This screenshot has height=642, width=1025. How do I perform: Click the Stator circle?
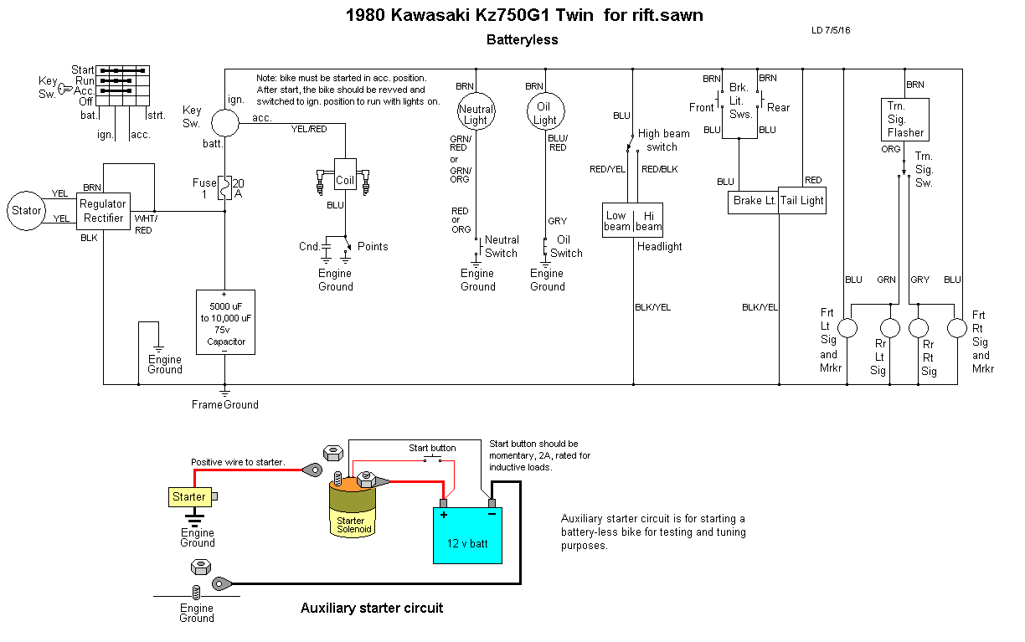point(27,211)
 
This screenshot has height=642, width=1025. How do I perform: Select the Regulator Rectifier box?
point(102,211)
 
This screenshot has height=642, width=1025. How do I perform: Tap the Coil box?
point(345,179)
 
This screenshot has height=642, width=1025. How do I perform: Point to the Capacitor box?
point(224,322)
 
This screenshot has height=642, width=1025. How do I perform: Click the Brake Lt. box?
point(753,200)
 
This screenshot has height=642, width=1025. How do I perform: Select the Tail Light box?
point(802,200)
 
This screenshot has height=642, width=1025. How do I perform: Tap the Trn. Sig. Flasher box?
point(905,119)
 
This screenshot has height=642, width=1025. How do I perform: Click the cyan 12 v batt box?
point(466,535)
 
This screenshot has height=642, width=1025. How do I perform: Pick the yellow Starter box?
point(189,497)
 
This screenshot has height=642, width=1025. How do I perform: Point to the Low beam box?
point(617,220)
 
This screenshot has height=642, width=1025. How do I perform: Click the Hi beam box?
point(648,220)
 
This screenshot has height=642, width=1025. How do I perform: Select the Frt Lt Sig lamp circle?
point(848,328)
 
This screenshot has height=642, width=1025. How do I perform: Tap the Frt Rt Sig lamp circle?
point(956,328)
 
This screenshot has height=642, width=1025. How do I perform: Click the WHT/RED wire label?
point(143,224)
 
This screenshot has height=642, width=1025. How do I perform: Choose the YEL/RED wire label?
point(309,130)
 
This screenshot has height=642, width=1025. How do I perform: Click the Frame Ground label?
point(224,404)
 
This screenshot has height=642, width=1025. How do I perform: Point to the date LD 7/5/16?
point(831,30)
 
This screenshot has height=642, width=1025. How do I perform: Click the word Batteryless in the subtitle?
point(522,39)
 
